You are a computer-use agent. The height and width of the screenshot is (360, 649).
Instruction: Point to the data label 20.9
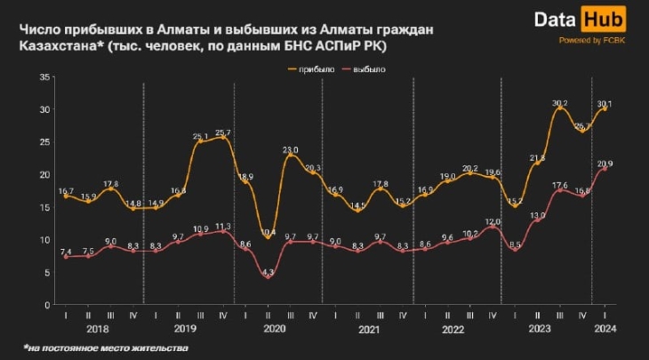[x=605, y=164]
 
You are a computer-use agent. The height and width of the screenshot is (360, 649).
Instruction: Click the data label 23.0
[x=291, y=150]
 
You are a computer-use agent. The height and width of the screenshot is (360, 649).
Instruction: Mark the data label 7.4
[x=65, y=252]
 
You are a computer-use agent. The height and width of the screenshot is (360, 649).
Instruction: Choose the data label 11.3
[x=222, y=226]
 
